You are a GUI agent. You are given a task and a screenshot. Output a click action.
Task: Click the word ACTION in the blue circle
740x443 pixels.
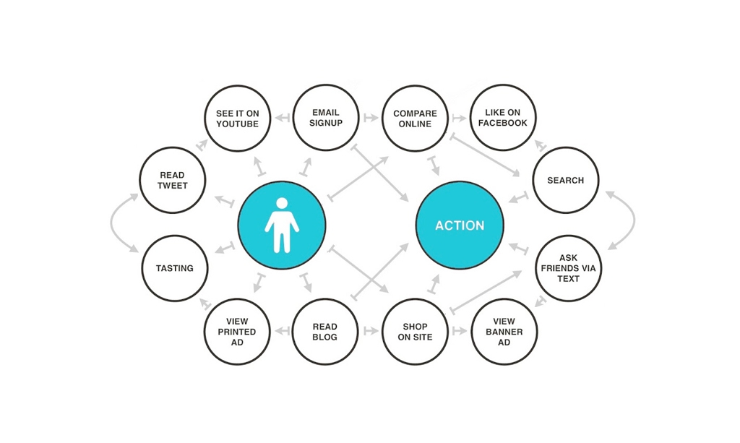tap(460, 225)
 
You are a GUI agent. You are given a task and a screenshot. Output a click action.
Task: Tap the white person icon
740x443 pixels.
tap(282, 225)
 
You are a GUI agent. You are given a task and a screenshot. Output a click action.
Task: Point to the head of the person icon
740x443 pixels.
tap(282, 203)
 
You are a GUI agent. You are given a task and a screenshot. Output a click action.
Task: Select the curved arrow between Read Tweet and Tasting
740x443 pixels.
tap(111, 222)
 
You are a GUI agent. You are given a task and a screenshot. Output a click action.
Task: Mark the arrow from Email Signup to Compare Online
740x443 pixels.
tap(371, 118)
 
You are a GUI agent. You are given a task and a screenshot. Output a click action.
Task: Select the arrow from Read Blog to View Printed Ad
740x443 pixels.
tap(281, 331)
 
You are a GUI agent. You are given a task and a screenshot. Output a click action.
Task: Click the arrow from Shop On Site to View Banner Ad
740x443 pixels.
tap(459, 331)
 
